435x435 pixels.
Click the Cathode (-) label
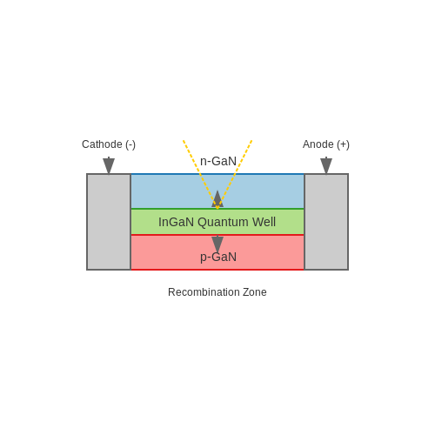(x=109, y=144)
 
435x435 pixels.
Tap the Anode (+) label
(x=326, y=144)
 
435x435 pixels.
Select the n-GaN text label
(x=218, y=161)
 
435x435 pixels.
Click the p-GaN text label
(x=218, y=258)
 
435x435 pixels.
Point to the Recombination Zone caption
(x=217, y=292)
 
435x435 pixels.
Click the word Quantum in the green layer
(x=223, y=223)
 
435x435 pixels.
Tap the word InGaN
(x=176, y=222)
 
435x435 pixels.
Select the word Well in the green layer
(x=264, y=222)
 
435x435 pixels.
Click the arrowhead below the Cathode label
(x=109, y=166)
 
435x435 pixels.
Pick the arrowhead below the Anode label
(x=326, y=166)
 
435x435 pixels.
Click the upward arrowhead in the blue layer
(x=217, y=199)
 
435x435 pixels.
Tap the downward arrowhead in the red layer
(x=217, y=244)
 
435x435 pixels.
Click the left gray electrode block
(x=109, y=222)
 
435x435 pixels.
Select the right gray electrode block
(x=326, y=222)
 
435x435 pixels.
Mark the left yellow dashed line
(x=200, y=174)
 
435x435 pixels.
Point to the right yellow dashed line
(x=235, y=174)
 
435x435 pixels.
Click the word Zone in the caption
(x=255, y=292)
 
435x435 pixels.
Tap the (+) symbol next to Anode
(x=343, y=144)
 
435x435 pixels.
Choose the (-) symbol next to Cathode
(x=130, y=144)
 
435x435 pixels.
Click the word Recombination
(x=204, y=292)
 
